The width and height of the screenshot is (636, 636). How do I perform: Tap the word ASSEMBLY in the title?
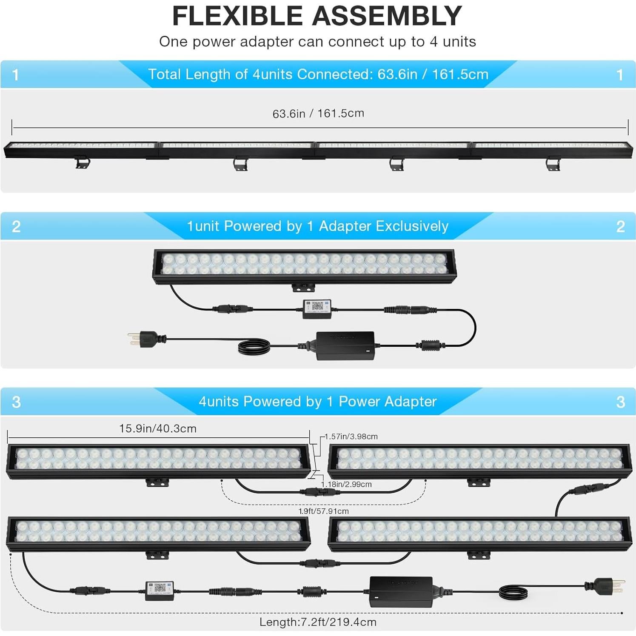pyautogui.click(x=387, y=16)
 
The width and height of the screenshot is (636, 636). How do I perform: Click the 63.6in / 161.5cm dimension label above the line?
pyautogui.click(x=318, y=114)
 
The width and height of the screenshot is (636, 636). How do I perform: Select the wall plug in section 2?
pyautogui.click(x=143, y=339)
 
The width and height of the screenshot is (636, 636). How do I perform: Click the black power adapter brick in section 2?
pyautogui.click(x=345, y=345)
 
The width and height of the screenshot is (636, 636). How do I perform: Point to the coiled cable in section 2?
pyautogui.click(x=254, y=346)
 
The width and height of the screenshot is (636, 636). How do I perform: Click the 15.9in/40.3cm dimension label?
pyautogui.click(x=158, y=428)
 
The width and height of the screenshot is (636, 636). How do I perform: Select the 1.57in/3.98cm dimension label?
pyautogui.click(x=351, y=436)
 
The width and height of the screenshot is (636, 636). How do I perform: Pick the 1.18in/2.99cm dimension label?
pyautogui.click(x=346, y=484)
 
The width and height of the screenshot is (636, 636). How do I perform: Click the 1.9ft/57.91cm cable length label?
pyautogui.click(x=323, y=511)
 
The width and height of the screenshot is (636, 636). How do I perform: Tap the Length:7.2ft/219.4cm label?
pyautogui.click(x=318, y=622)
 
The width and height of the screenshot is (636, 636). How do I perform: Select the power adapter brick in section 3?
pyautogui.click(x=401, y=591)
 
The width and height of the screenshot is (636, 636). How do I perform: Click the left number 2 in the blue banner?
pyautogui.click(x=16, y=226)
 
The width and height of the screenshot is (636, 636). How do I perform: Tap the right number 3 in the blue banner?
pyautogui.click(x=620, y=402)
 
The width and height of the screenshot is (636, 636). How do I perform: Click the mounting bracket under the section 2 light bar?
pyautogui.click(x=303, y=288)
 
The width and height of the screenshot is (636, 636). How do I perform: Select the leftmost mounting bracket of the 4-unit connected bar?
pyautogui.click(x=83, y=163)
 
